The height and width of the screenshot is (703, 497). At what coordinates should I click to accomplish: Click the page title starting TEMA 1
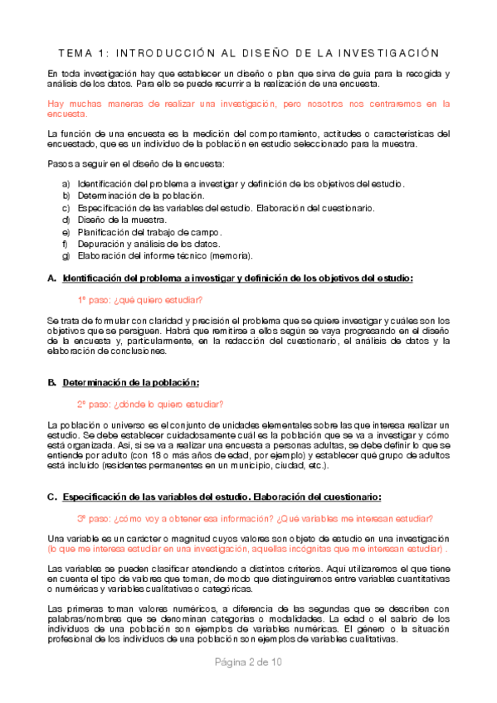click(248, 52)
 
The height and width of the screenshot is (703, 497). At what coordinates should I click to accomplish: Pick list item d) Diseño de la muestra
click(121, 220)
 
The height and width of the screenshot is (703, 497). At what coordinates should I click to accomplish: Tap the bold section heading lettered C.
click(222, 497)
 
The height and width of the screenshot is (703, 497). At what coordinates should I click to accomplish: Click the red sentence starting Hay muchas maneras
click(248, 104)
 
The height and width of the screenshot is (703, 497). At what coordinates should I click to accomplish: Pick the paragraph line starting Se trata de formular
click(248, 320)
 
